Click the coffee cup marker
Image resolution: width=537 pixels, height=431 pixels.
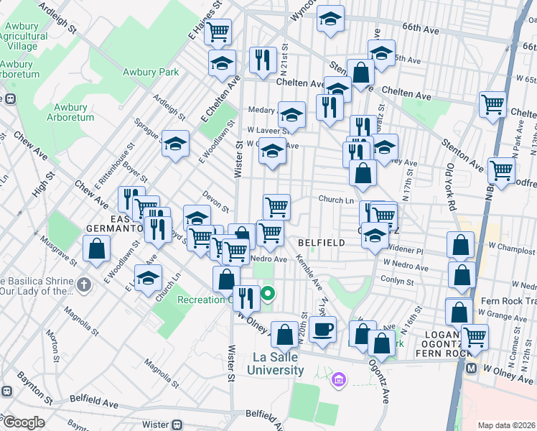click(x=323, y=330)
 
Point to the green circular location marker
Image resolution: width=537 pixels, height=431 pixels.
click(x=268, y=293)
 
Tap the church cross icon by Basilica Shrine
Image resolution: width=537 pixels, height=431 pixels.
click(x=84, y=285)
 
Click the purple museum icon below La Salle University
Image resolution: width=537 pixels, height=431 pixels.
click(x=339, y=378)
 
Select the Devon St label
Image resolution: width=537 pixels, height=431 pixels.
click(x=215, y=201)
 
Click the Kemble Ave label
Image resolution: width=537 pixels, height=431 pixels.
click(x=312, y=270)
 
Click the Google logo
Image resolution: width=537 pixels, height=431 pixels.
click(x=23, y=422)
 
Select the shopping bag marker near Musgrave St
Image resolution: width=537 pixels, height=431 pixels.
click(x=96, y=249)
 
